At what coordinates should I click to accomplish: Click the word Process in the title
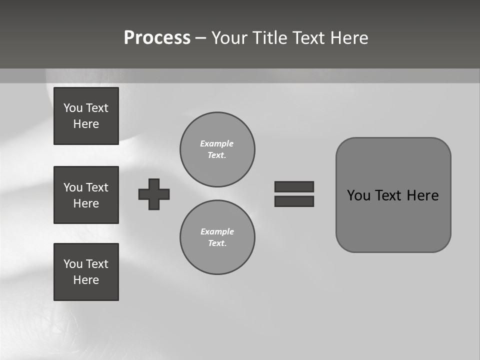[157, 38]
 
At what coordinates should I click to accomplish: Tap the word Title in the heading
[269, 38]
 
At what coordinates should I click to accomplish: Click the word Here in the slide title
[348, 38]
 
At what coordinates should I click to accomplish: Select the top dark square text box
[86, 116]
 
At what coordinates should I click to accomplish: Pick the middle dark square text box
[86, 195]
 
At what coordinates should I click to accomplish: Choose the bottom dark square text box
[86, 272]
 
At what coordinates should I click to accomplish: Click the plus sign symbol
[154, 194]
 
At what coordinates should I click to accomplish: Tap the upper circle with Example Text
[217, 149]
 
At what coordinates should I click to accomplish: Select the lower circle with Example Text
[217, 237]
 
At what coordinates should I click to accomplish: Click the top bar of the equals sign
[294, 186]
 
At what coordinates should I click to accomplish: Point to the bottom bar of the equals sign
[294, 201]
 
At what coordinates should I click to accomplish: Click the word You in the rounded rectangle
[359, 195]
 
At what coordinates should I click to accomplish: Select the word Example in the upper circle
[216, 143]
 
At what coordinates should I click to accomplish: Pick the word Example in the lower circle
[217, 231]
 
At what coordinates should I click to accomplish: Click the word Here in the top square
[86, 124]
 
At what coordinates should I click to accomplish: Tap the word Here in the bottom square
[86, 280]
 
